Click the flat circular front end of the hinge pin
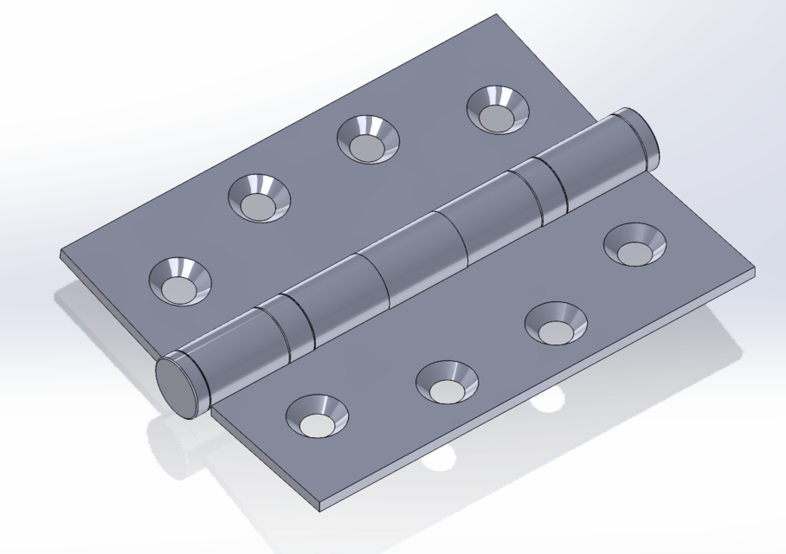[x=178, y=387]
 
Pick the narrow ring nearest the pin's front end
[x=275, y=332]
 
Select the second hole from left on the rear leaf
[x=260, y=199]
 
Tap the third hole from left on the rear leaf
[x=369, y=139]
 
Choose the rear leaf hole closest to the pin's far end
[x=498, y=110]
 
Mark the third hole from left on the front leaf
[x=556, y=324]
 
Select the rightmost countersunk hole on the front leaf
[x=635, y=245]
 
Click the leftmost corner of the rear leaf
[x=61, y=253]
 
